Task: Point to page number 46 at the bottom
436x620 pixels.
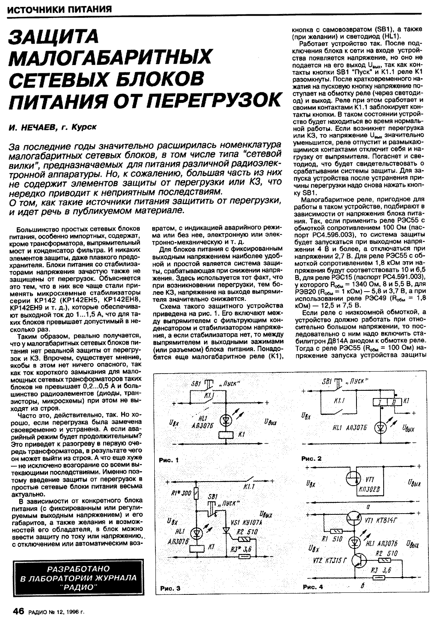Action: click(19, 611)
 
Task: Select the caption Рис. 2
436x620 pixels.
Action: click(311, 458)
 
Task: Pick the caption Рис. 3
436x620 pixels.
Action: click(170, 588)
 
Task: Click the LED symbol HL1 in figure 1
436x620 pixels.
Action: click(227, 420)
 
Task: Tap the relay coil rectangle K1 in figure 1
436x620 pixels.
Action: click(227, 435)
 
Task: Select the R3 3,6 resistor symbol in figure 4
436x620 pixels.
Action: click(377, 578)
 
